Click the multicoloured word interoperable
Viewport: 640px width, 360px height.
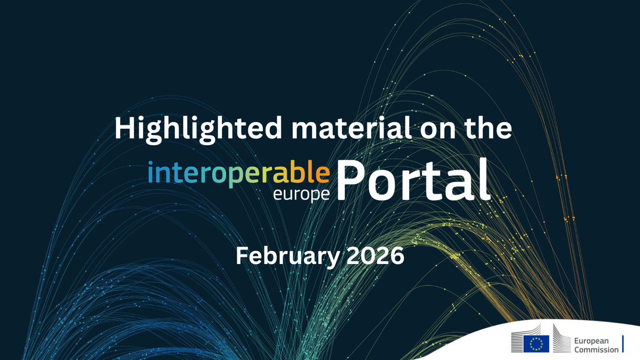click(239, 173)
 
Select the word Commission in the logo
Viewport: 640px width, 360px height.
click(596, 349)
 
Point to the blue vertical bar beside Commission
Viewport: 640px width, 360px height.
click(623, 344)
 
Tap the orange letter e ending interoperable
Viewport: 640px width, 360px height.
click(323, 173)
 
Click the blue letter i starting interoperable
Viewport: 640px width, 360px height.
click(151, 173)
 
